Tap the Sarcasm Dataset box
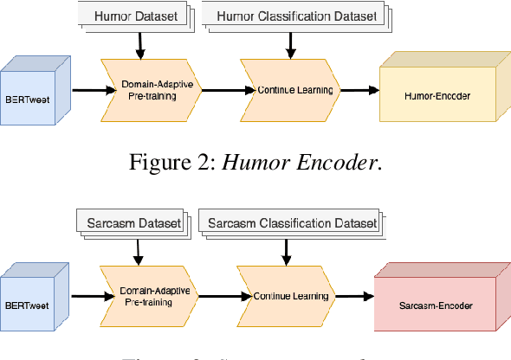click(x=133, y=223)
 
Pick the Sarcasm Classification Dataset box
click(x=291, y=223)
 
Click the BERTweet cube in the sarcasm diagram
click(x=32, y=296)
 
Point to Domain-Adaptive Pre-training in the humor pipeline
click(x=155, y=89)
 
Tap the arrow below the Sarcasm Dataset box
click(x=137, y=250)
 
